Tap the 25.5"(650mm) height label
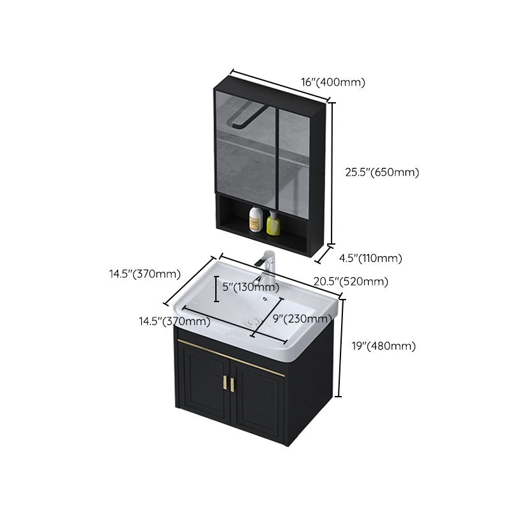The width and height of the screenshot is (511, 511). [382, 172]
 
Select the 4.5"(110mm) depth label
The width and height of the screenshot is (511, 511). [370, 258]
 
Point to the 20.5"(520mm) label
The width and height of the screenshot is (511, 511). [350, 281]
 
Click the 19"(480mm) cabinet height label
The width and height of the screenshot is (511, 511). [384, 346]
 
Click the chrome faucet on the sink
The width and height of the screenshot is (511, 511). [267, 268]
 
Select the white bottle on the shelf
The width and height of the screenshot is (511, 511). [256, 220]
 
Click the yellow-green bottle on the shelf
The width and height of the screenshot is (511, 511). [273, 223]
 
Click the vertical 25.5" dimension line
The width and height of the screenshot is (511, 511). [332, 172]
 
